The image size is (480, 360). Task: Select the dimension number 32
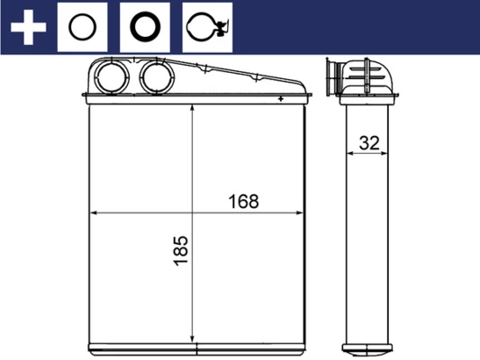pyautogui.click(x=367, y=141)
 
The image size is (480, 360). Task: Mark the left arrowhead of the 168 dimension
pyautogui.click(x=92, y=214)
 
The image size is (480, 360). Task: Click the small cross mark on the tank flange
pyautogui.click(x=282, y=96)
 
